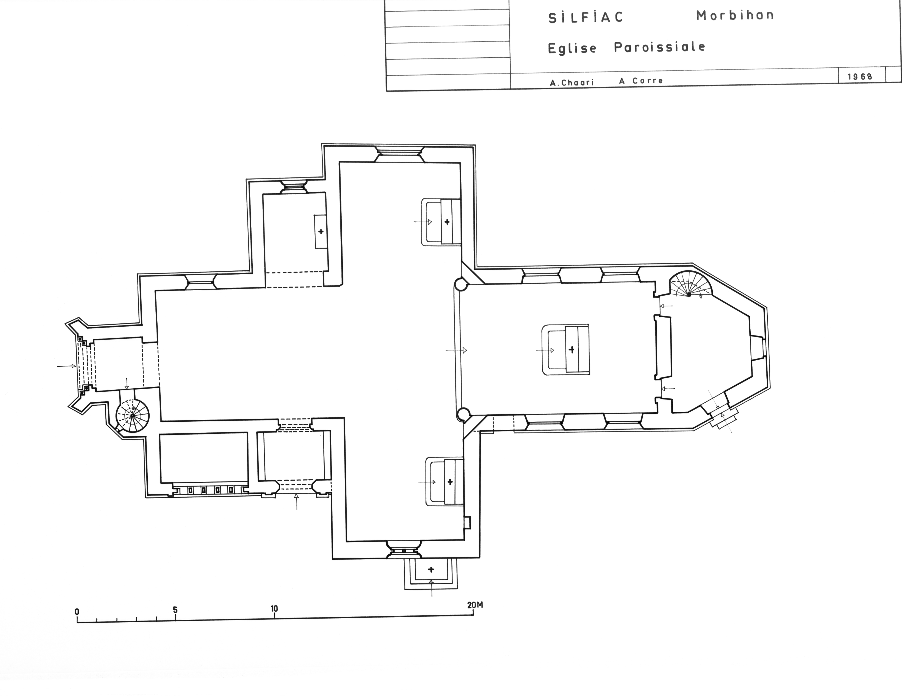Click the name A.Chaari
tap(571, 82)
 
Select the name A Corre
tap(641, 81)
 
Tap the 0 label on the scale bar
tap(77, 612)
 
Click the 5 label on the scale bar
tap(175, 610)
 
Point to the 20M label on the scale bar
tap(475, 605)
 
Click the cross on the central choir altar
tap(571, 349)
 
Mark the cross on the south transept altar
tap(450, 482)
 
